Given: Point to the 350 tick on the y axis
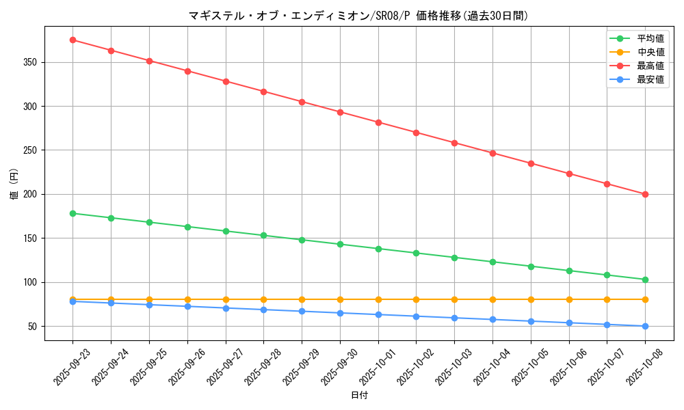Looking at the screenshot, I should (x=32, y=62).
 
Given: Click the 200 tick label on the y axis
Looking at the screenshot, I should (x=32, y=194).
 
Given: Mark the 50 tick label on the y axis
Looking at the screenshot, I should (x=34, y=326).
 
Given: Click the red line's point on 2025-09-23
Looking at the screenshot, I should (x=73, y=40).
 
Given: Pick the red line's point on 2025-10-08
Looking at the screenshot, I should (x=645, y=194).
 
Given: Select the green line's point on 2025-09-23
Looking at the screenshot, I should (x=73, y=213).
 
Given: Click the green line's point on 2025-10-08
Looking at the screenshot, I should (x=645, y=279).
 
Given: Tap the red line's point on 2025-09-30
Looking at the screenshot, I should (x=340, y=112).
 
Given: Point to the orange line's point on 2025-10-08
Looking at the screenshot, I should (x=645, y=299).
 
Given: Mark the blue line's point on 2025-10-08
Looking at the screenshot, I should (x=645, y=326).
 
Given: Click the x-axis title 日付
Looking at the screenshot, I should (x=359, y=396).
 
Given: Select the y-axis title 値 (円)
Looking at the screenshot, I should (x=14, y=184).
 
